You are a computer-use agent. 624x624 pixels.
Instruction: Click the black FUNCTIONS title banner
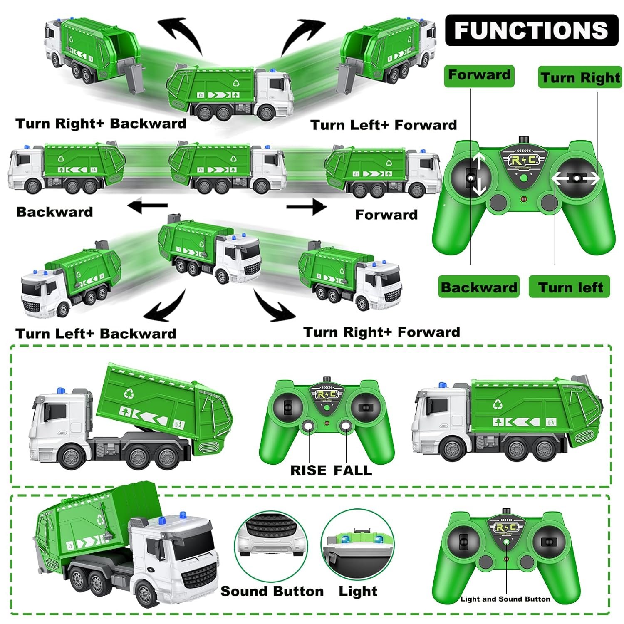click(x=531, y=30)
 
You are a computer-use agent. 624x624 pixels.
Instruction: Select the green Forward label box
click(x=479, y=76)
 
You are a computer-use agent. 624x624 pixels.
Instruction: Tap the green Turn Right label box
click(x=580, y=77)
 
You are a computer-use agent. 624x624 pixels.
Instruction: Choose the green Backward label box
click(x=478, y=287)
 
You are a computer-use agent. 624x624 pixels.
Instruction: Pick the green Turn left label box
click(x=569, y=287)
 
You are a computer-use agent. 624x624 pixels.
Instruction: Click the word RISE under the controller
click(x=308, y=470)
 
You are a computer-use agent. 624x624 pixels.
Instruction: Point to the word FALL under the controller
click(x=353, y=470)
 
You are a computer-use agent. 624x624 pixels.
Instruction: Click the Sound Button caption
click(x=272, y=591)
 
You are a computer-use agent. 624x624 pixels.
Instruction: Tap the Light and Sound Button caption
click(x=505, y=599)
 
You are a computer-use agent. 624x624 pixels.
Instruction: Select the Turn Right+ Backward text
click(x=101, y=124)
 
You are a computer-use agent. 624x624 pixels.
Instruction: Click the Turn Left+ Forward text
click(x=383, y=125)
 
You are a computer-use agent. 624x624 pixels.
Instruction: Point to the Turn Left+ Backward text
click(x=96, y=333)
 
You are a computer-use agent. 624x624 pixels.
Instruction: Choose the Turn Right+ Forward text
click(x=381, y=332)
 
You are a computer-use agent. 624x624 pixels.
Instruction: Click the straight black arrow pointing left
click(x=147, y=206)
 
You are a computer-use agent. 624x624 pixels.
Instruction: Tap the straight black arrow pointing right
click(x=307, y=207)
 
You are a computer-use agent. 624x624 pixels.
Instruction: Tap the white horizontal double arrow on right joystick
click(x=576, y=178)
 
